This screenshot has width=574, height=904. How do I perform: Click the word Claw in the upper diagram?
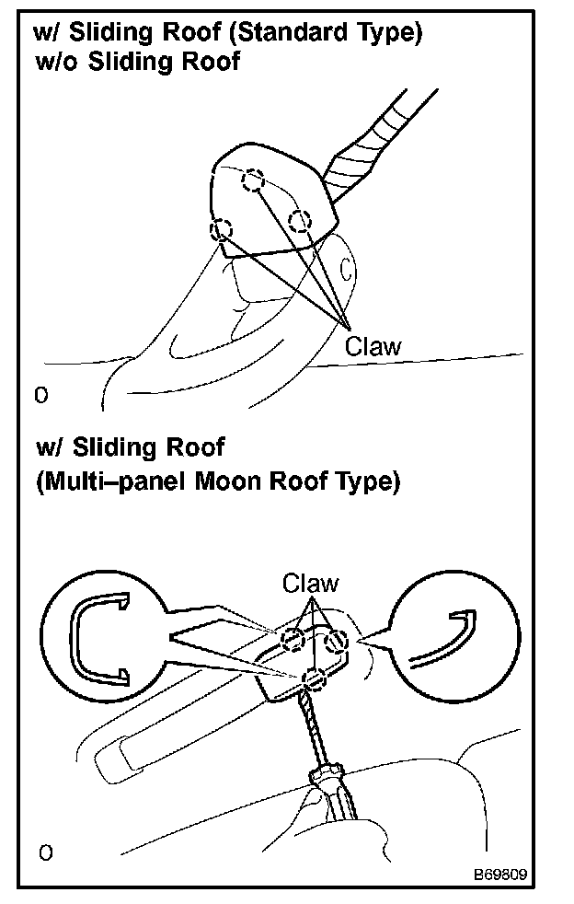coord(373,347)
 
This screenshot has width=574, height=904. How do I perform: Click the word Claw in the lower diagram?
coord(310,583)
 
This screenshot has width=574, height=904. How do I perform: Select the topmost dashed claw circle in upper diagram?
coord(252,181)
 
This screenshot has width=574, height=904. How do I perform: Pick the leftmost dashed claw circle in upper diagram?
coord(221,229)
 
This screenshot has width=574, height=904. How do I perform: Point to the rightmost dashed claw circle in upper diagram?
coord(300,221)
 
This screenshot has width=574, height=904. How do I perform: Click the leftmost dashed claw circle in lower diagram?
coord(293,639)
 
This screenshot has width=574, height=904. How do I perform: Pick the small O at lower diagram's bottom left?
coord(45,853)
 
